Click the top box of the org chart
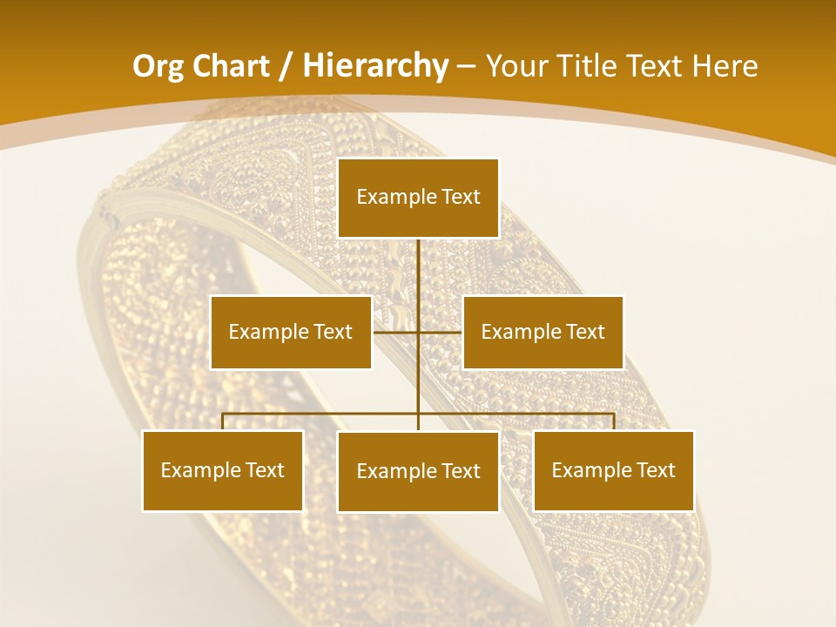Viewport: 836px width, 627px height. point(418,198)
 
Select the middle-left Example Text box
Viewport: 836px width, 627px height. point(291,332)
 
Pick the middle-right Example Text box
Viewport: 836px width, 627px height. point(543,332)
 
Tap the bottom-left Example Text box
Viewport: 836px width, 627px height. point(223,470)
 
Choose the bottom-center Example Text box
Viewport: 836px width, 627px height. point(418,471)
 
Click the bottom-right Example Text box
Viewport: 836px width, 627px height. point(614,470)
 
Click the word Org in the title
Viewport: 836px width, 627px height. point(158,66)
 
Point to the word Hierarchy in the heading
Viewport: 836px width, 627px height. point(375,66)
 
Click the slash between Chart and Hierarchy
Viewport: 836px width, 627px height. point(285,66)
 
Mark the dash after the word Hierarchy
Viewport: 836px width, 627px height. point(466,66)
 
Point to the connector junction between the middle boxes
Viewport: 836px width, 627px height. point(418,332)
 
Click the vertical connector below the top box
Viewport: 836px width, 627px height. point(418,270)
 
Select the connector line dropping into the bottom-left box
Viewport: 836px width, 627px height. point(223,421)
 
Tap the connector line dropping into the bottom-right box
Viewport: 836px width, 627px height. point(614,421)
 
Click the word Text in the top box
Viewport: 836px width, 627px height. point(460,197)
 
